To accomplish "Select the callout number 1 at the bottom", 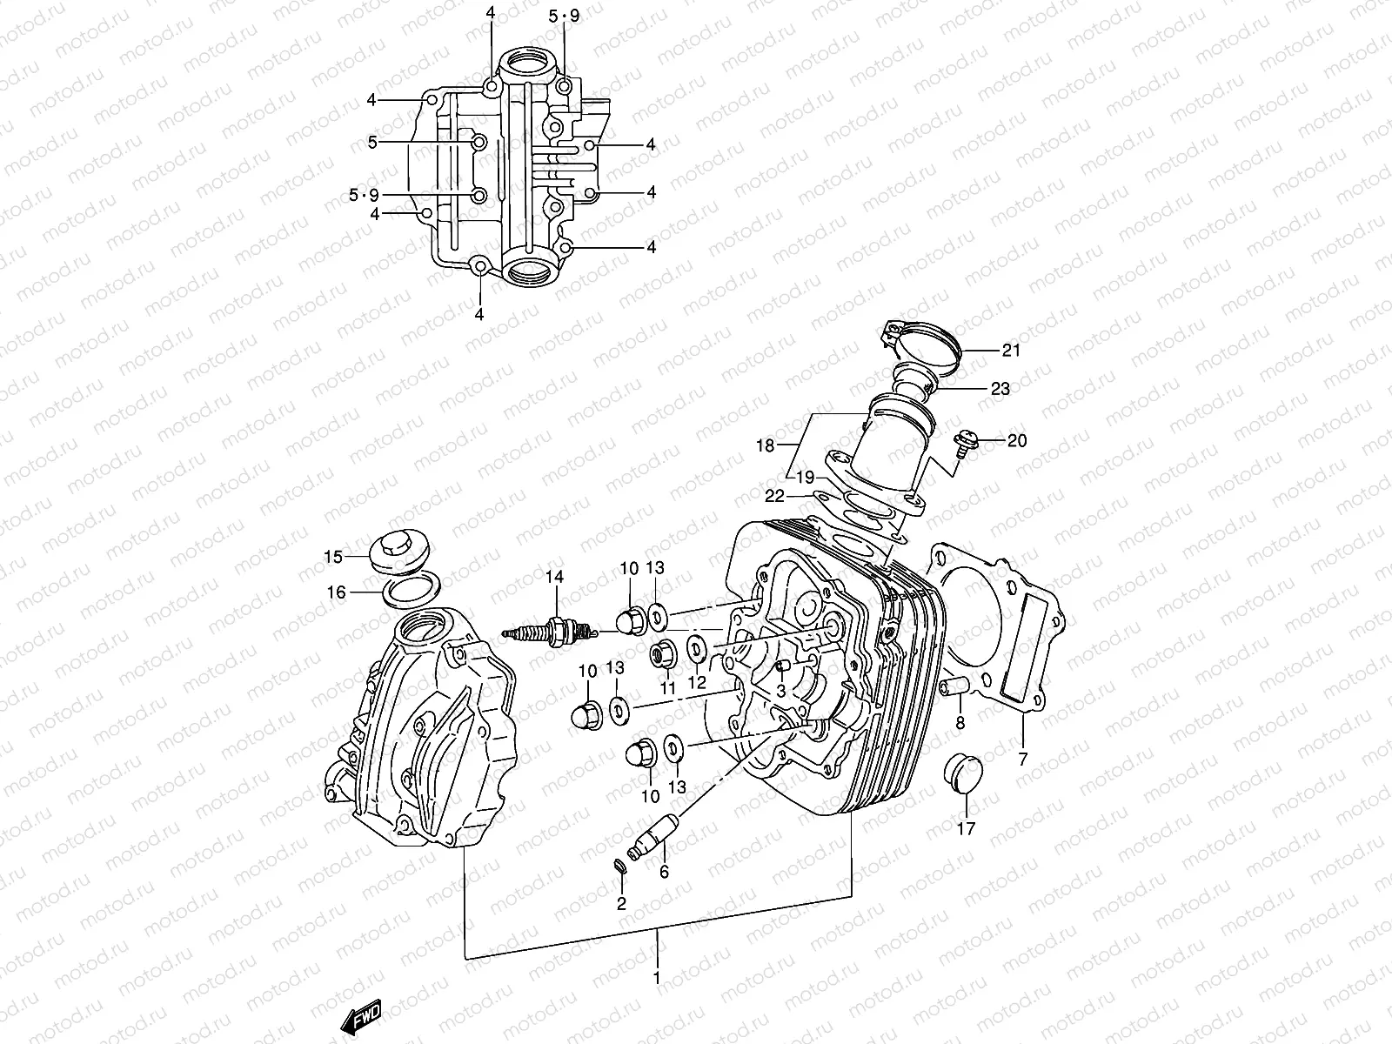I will pyautogui.click(x=657, y=977).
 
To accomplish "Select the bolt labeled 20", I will pyautogui.click(x=967, y=441).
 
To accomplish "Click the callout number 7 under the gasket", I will pyautogui.click(x=1023, y=760).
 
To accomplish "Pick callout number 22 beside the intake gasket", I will pyautogui.click(x=774, y=495).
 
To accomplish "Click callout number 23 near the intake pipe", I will pyautogui.click(x=1000, y=389).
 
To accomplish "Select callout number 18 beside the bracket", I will pyautogui.click(x=765, y=446).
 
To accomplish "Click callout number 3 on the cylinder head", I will pyautogui.click(x=780, y=691).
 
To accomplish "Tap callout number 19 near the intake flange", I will pyautogui.click(x=805, y=477).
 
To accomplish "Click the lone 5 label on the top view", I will pyautogui.click(x=371, y=143).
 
